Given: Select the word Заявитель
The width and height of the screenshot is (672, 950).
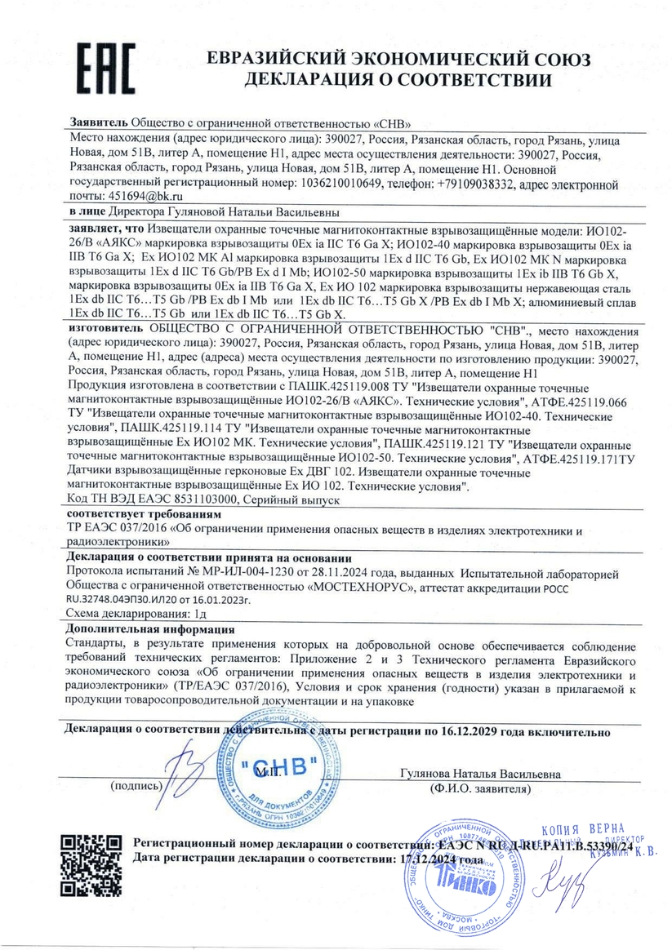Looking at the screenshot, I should click(x=99, y=122).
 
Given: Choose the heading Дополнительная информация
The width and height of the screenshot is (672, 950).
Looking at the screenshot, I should click(x=150, y=630).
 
